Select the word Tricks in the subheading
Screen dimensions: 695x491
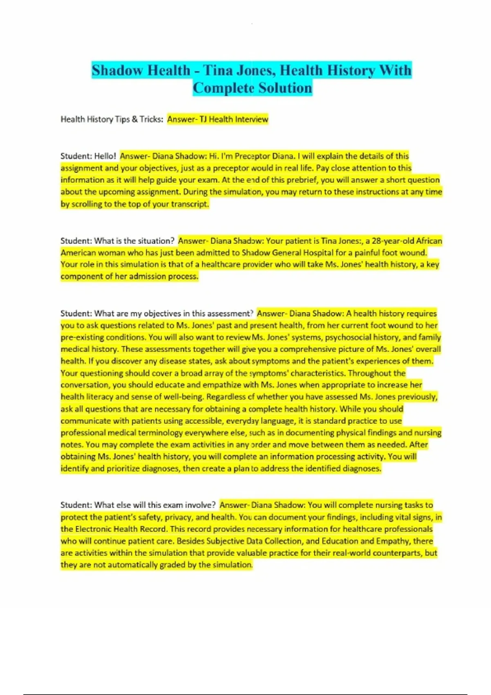pyautogui.click(x=151, y=119)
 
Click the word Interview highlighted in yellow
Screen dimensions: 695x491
pyautogui.click(x=252, y=119)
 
